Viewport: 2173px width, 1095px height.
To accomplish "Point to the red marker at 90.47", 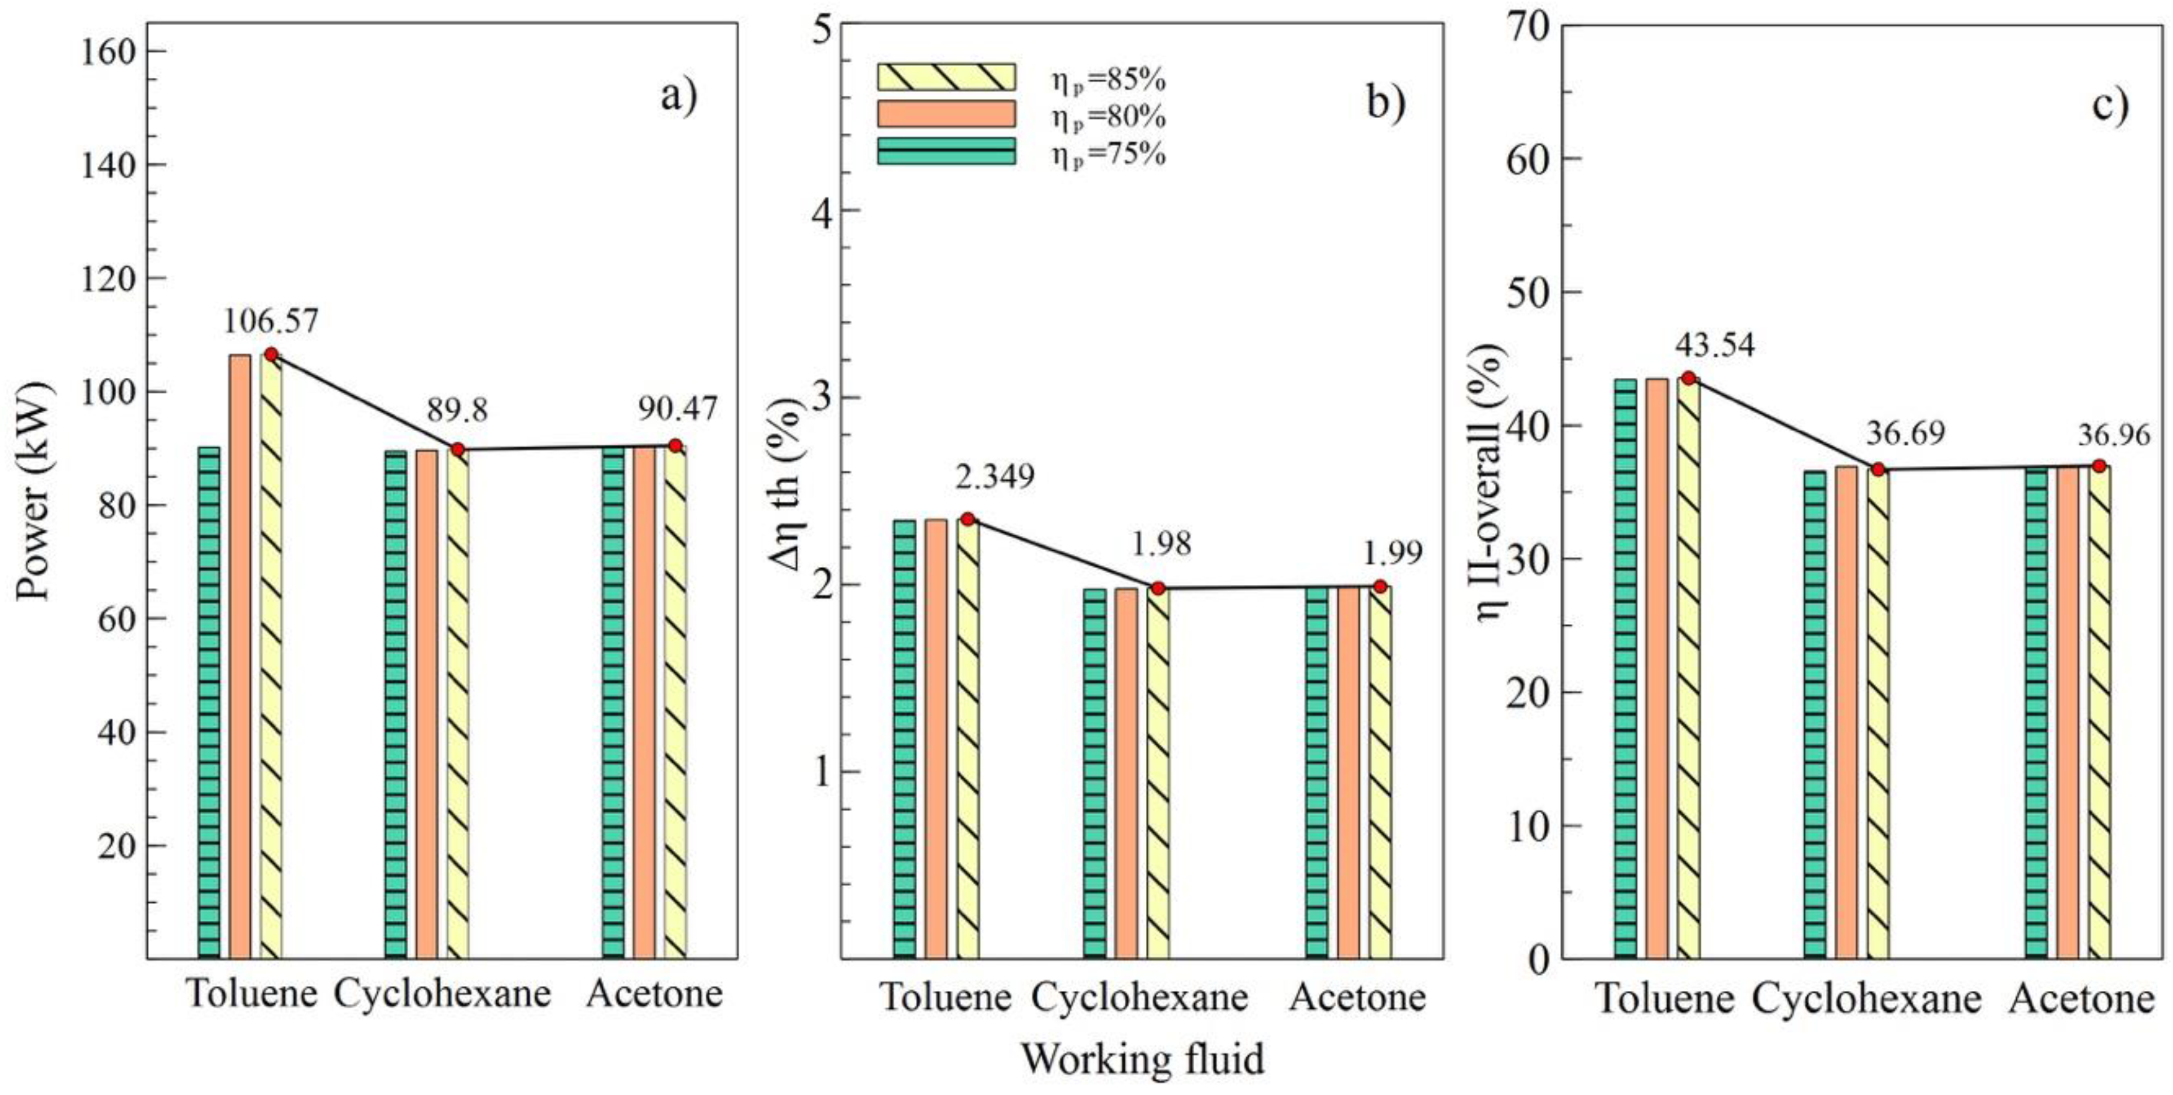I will click(x=675, y=445).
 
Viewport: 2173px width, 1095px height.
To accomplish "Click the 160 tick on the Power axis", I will click(x=108, y=52).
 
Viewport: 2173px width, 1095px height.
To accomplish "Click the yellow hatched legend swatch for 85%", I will click(x=946, y=77).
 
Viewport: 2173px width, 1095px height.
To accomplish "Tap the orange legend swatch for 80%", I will click(x=946, y=114).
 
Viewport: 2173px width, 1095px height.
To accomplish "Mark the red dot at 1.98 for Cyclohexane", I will click(x=1158, y=588).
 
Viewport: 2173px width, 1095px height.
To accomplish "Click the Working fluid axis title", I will click(x=1143, y=1058).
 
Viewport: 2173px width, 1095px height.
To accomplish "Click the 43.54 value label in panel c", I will click(x=1714, y=345).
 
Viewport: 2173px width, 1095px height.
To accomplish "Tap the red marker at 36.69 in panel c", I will click(x=1878, y=469).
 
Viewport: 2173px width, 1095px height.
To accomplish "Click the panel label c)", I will click(x=2110, y=105).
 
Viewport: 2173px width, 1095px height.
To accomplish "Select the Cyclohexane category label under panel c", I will click(x=1866, y=1000).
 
